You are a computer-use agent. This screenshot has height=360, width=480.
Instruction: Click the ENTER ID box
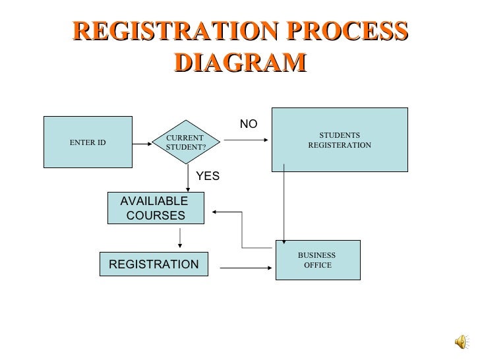[x=88, y=142]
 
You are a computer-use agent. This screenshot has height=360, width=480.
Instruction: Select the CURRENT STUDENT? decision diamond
[x=186, y=142]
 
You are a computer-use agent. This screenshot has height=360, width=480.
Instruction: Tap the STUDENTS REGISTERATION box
[x=340, y=140]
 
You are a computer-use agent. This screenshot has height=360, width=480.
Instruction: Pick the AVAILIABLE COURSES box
[x=156, y=209]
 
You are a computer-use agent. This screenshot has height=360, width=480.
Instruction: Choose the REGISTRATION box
[x=153, y=264]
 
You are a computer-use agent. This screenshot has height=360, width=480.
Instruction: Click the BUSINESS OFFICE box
[x=318, y=260]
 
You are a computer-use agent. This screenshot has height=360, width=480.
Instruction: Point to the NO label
[x=249, y=124]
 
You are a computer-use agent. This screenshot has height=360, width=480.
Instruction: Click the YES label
[x=208, y=176]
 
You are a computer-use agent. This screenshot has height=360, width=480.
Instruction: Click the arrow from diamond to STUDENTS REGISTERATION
[x=245, y=140]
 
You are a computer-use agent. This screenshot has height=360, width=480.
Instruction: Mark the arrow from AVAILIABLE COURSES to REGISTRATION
[x=180, y=238]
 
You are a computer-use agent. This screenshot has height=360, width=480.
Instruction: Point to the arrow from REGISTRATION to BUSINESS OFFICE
[x=245, y=268]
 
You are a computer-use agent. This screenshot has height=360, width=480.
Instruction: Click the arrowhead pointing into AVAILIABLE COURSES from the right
[x=216, y=212]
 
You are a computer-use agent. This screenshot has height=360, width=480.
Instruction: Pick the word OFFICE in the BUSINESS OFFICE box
[x=318, y=266]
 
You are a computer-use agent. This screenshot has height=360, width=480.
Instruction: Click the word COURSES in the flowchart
[x=156, y=216]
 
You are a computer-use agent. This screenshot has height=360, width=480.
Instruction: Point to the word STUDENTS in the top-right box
[x=340, y=135]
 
